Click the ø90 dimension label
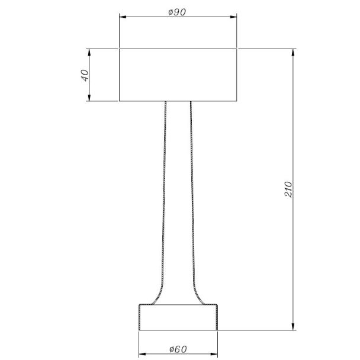pyautogui.click(x=177, y=12)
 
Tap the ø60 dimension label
pyautogui.click(x=178, y=349)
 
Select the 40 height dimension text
pyautogui.click(x=85, y=75)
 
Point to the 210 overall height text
pyautogui.click(x=288, y=189)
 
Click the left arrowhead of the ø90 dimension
pyautogui.click(x=123, y=17)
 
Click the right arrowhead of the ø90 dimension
pyautogui.click(x=233, y=17)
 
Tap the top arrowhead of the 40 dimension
pyautogui.click(x=89, y=52)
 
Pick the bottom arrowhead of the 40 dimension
pyautogui.click(x=89, y=98)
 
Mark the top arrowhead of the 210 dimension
pyautogui.click(x=293, y=52)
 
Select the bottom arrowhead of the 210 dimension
pyautogui.click(x=293, y=327)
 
